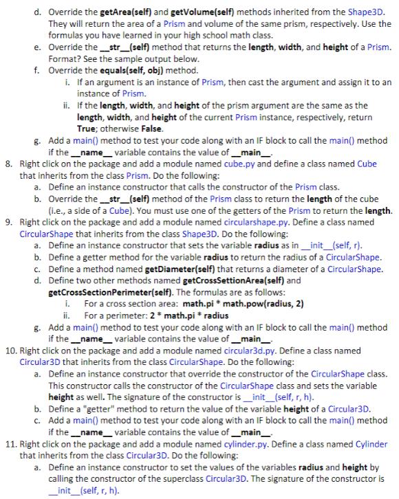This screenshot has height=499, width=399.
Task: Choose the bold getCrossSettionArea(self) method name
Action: (x=230, y=280)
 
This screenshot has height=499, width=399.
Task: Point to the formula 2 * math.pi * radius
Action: (x=179, y=315)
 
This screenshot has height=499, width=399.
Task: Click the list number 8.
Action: (x=7, y=164)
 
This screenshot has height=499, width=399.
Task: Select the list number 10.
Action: (x=9, y=351)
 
